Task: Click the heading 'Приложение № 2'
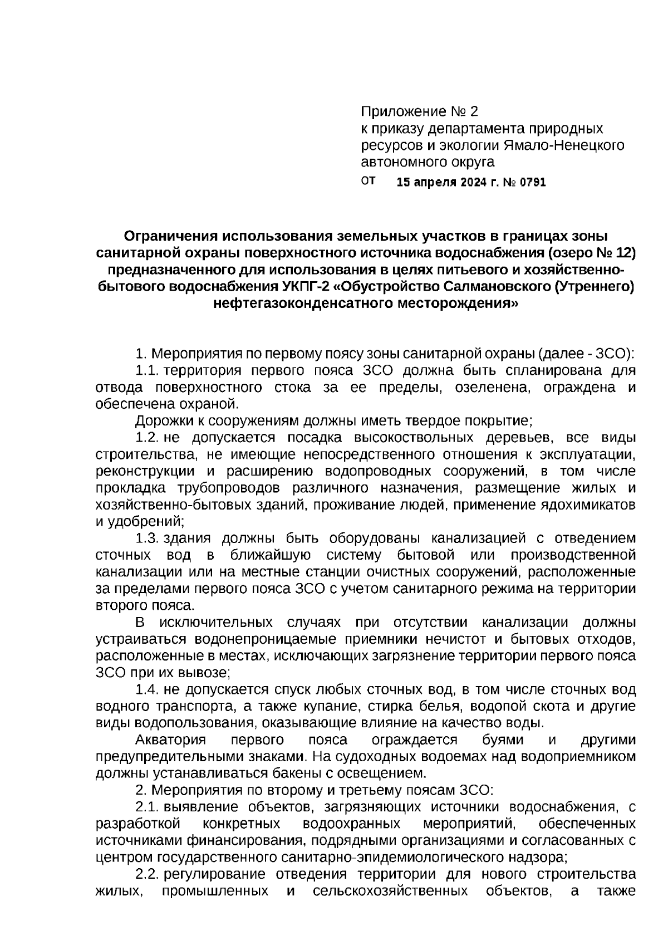pos(419,111)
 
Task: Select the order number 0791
pos(532,183)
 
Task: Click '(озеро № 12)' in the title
pos(592,253)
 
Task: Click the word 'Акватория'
pos(170,740)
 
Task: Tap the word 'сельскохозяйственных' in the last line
pos(390,891)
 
